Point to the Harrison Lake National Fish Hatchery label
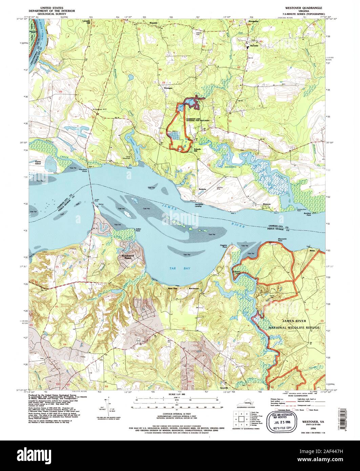point(198,120)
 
